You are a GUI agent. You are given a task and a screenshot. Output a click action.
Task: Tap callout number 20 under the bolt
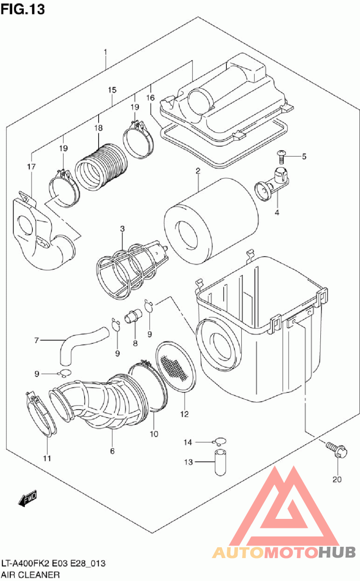337,479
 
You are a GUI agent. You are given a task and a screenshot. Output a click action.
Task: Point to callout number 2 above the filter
198,171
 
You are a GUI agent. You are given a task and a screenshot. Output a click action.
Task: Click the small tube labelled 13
219,462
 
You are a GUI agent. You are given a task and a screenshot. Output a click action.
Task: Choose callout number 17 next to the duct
31,167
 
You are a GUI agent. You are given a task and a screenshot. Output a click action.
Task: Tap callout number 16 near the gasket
150,98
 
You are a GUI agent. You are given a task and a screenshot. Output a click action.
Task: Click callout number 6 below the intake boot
112,450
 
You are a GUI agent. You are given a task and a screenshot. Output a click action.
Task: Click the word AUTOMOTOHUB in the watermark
283,552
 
